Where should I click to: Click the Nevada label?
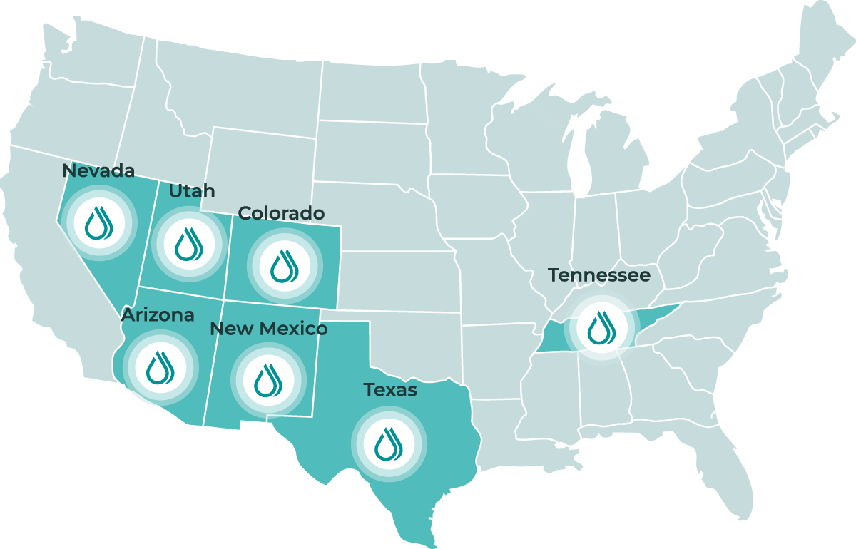[x=98, y=171]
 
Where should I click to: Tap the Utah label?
[x=191, y=191]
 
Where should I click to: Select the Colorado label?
[x=281, y=213]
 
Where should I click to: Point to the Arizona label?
[x=158, y=315]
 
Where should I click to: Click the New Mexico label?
[x=269, y=329]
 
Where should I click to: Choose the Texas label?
[x=390, y=390]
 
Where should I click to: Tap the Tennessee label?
[x=599, y=275]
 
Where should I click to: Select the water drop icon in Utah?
[x=187, y=244]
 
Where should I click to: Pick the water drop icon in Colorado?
[x=284, y=265]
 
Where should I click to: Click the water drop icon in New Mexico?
[x=267, y=380]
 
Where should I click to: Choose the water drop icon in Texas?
[x=389, y=443]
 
